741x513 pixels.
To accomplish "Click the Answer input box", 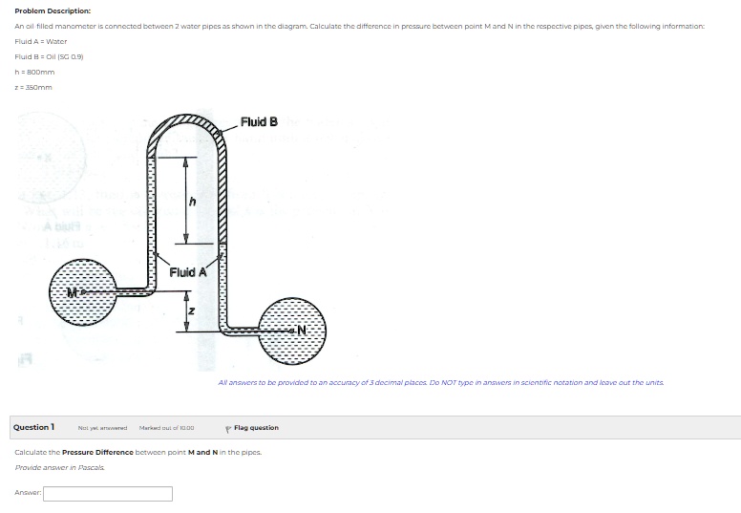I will [108, 494].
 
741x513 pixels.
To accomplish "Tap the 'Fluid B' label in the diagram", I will [260, 121].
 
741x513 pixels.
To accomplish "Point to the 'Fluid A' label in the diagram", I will [188, 272].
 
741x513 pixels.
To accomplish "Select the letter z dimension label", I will [191, 311].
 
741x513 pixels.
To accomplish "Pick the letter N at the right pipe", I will [303, 331].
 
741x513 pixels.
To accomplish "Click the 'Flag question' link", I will [255, 428].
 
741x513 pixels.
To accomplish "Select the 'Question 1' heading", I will [33, 427].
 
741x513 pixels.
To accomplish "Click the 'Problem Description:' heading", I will [53, 11].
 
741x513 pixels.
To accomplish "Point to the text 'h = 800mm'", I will [35, 72].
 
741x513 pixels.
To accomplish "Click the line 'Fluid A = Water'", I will [41, 41].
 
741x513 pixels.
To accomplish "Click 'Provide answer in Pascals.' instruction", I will [60, 467].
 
